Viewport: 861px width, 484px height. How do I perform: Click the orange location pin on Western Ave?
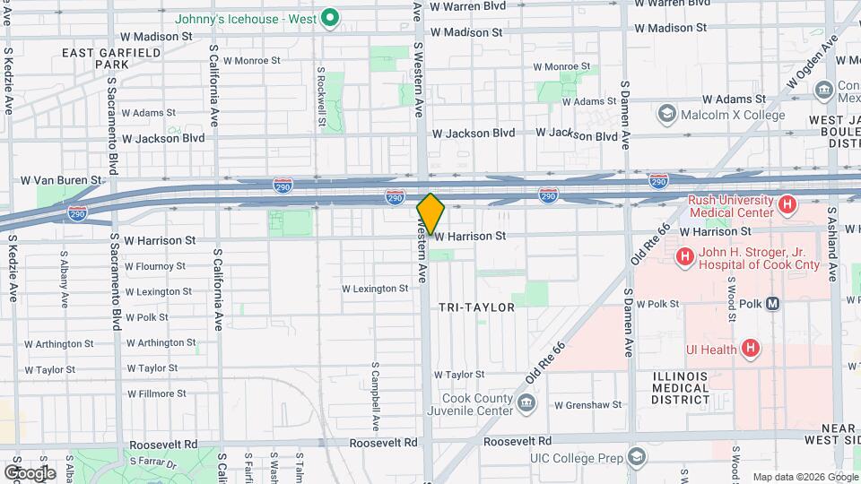click(x=430, y=213)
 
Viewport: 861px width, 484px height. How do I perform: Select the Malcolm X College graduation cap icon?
click(x=666, y=114)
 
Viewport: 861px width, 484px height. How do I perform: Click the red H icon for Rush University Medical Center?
click(x=787, y=205)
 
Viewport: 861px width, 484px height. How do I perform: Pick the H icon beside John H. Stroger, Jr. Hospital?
click(x=685, y=257)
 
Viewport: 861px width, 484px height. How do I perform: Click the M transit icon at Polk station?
click(x=773, y=304)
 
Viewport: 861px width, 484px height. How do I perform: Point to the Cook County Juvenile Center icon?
click(x=527, y=404)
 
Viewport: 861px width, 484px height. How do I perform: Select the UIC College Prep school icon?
click(x=636, y=458)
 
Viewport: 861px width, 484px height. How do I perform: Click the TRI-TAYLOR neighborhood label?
click(x=476, y=307)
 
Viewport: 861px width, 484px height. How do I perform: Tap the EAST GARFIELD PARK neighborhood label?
click(x=110, y=59)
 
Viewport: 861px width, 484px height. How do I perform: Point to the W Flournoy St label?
click(x=154, y=266)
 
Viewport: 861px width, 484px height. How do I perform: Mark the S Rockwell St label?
click(x=320, y=85)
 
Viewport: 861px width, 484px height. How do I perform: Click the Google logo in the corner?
click(x=29, y=472)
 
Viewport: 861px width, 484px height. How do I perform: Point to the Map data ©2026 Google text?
click(x=805, y=477)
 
